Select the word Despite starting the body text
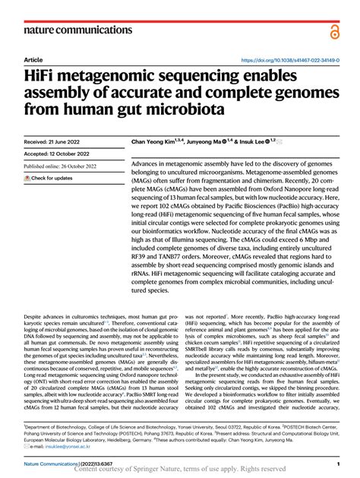click(36, 313)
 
